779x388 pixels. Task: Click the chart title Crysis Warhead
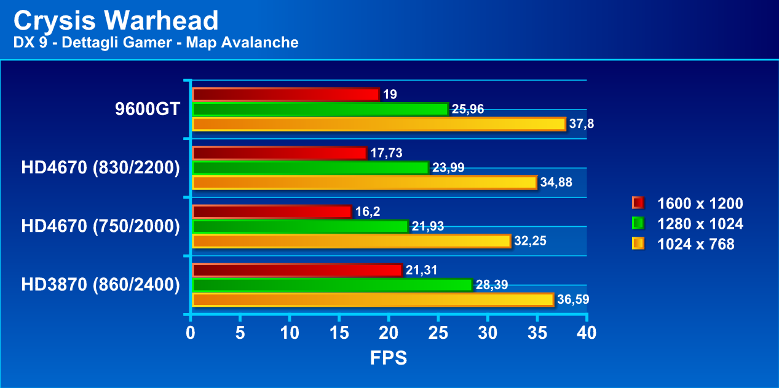click(116, 21)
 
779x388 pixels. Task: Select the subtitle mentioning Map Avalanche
click(156, 42)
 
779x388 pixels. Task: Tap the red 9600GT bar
click(286, 94)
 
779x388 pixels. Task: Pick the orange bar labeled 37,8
click(379, 124)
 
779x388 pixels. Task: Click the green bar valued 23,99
click(310, 168)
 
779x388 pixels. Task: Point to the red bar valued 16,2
click(272, 212)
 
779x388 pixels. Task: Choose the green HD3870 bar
click(332, 285)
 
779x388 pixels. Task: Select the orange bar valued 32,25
click(352, 241)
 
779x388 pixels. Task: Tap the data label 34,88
click(556, 183)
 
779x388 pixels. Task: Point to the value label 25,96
click(468, 109)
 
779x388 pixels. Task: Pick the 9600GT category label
click(148, 109)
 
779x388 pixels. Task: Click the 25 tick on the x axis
click(438, 333)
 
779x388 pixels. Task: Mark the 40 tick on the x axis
click(587, 333)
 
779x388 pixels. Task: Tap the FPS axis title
click(388, 358)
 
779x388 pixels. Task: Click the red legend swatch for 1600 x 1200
click(638, 204)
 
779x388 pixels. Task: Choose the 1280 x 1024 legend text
click(700, 224)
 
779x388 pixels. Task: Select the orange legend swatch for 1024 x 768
click(638, 244)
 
